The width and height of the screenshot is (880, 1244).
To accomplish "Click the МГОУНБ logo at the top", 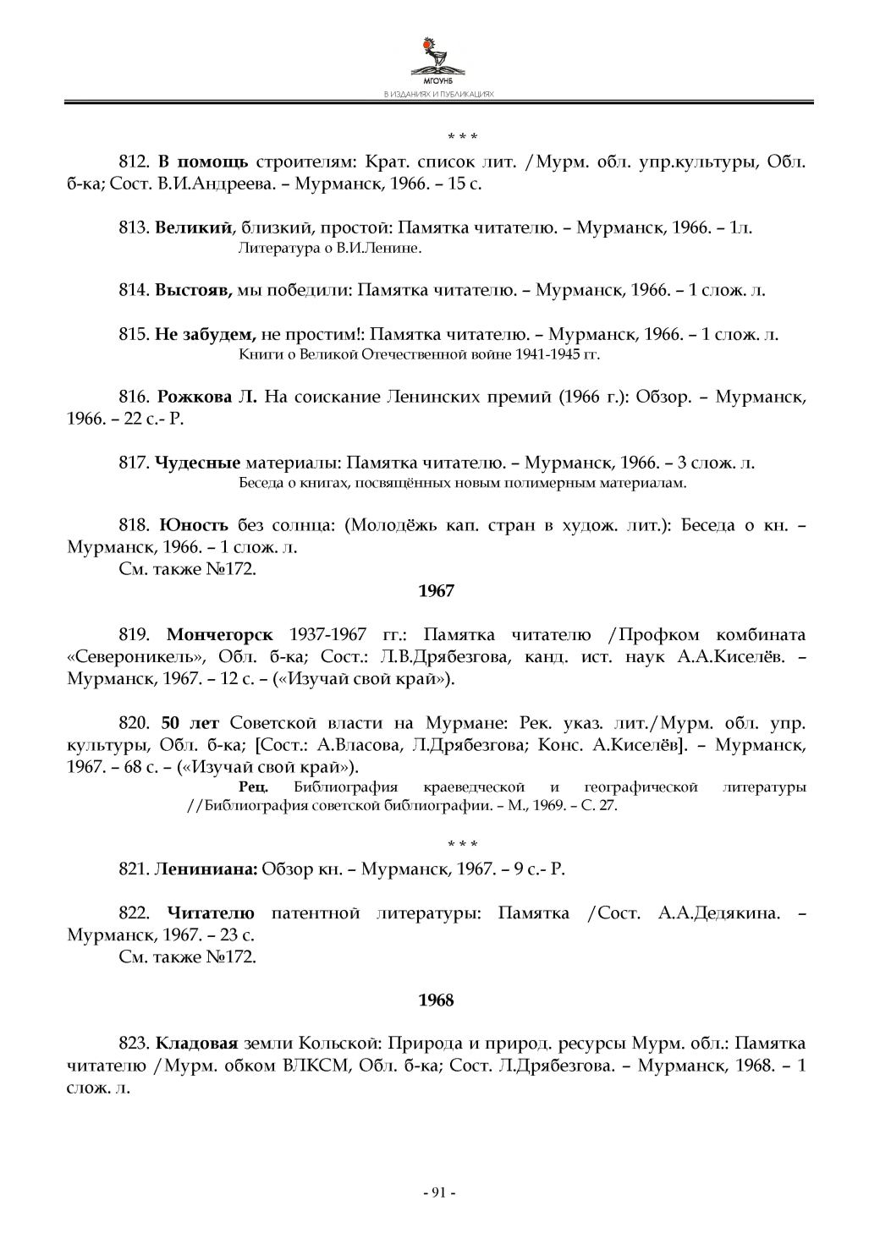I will point(438,60).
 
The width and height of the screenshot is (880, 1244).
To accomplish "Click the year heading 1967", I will point(437,591).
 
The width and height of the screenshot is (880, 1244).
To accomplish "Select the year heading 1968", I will point(437,1000).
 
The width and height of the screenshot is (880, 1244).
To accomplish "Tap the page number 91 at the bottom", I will point(439,1192).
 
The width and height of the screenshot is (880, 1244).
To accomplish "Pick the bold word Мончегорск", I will point(220,635).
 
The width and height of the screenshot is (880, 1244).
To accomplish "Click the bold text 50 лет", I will point(190,723).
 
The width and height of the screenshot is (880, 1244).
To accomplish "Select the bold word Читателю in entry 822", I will point(211,913).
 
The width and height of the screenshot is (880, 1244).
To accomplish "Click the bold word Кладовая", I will point(198,1043).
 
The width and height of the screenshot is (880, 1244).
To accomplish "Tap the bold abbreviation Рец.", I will point(255,787).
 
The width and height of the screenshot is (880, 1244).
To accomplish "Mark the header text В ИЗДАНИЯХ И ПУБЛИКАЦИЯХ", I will point(438,95).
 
